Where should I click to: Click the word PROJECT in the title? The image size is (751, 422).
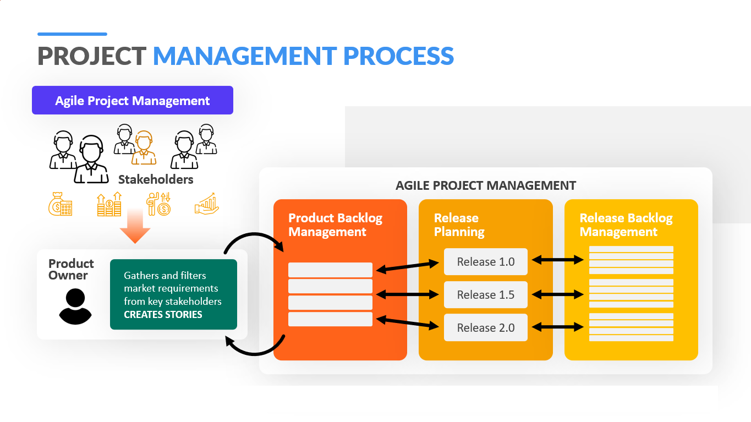91,56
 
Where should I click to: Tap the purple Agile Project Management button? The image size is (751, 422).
133,100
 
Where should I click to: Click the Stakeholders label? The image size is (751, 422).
156,180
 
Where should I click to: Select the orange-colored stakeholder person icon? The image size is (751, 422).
144,148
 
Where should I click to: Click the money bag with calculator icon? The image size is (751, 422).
61,204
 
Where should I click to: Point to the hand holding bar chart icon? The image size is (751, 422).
207,204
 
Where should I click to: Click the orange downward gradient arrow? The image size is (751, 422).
135,226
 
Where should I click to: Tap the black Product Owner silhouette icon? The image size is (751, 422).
75,306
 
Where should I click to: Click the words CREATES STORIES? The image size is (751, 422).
163,315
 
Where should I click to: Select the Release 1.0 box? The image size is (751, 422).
486,262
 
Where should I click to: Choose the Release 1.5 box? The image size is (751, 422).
486,294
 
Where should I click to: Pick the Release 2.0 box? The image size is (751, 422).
486,327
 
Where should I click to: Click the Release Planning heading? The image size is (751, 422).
459,225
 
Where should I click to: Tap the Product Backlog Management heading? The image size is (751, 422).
335,225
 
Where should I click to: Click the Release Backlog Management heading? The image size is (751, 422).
626,225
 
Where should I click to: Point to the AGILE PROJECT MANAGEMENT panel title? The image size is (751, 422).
486,185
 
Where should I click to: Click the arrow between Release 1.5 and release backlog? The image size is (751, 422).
558,294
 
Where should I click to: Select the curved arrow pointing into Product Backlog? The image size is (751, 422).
255,234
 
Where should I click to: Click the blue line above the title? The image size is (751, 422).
73,34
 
